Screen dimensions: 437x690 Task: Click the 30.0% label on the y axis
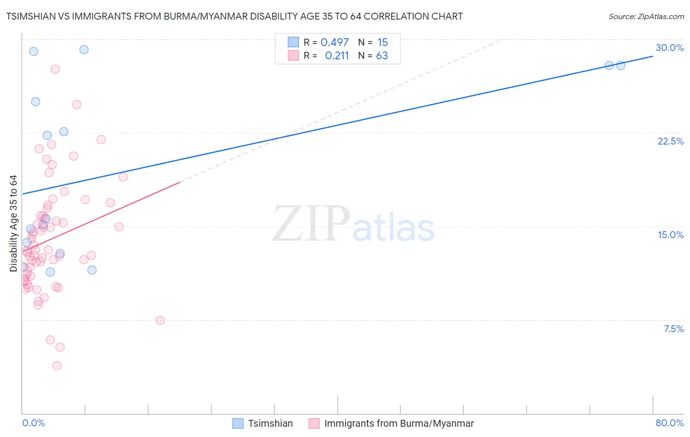(x=669, y=48)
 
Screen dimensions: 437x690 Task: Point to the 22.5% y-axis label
(x=670, y=141)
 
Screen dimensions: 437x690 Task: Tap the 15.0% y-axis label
(x=670, y=235)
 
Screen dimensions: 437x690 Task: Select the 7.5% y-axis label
(x=673, y=329)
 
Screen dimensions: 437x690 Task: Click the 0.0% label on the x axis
(x=33, y=423)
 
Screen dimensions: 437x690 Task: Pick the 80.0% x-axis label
(x=669, y=423)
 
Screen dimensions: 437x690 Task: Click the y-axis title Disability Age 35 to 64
(x=13, y=223)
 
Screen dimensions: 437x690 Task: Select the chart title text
(x=235, y=17)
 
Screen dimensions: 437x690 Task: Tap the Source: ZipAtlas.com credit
(x=646, y=17)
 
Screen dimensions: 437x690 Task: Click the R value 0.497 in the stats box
(x=335, y=43)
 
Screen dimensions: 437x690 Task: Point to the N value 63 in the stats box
(x=382, y=56)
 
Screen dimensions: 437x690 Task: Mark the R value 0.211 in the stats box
(x=337, y=56)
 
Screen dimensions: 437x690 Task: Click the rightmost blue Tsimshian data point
(x=620, y=65)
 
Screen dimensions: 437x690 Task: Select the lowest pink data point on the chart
(x=57, y=365)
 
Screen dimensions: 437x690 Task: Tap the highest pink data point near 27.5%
(x=55, y=69)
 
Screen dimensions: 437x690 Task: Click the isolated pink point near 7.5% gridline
(x=160, y=320)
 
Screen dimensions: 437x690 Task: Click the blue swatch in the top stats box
(x=293, y=42)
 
